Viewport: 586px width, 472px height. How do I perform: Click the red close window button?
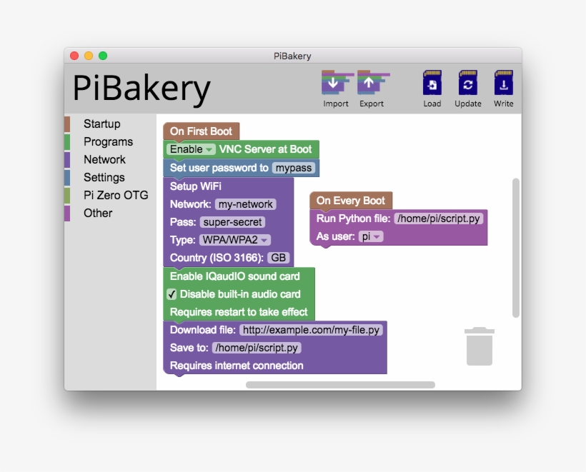pos(74,56)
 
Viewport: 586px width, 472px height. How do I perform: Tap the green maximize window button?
pos(103,56)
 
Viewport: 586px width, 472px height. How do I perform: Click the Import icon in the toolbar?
pos(335,84)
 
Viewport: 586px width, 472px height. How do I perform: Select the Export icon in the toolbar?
pos(372,84)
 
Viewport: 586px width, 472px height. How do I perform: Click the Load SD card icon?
pos(432,84)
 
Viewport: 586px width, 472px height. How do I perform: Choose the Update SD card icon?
pos(467,84)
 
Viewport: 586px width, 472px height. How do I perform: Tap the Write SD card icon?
pos(503,84)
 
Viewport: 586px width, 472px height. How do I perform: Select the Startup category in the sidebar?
pos(101,124)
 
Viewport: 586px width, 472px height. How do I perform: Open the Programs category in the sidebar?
pos(108,142)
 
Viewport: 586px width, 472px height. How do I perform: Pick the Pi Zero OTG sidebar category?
pos(115,195)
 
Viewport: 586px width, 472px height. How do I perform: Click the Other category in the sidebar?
pos(98,213)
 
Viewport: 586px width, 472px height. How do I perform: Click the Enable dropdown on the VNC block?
pos(191,149)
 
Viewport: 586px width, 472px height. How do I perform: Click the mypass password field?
pos(294,168)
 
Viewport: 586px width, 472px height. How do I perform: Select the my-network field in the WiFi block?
pos(246,204)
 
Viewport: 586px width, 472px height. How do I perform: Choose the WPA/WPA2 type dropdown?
pos(234,240)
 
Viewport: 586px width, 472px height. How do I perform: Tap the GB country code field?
pos(279,258)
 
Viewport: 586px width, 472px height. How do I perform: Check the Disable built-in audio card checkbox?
pos(172,294)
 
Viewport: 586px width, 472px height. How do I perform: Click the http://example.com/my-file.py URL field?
pos(311,330)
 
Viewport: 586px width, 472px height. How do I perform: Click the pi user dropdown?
pos(370,236)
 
